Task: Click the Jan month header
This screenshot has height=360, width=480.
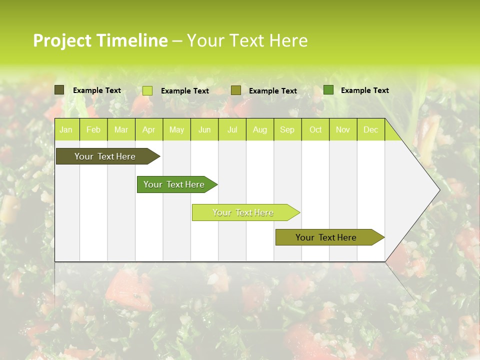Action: click(x=66, y=130)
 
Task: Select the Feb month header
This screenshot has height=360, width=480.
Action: click(x=93, y=130)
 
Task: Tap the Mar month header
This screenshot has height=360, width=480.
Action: click(x=121, y=130)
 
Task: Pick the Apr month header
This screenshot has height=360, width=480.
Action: click(x=148, y=130)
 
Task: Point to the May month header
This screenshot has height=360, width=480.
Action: click(x=176, y=130)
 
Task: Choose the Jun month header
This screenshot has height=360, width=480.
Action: click(x=204, y=130)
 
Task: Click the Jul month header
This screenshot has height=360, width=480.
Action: click(x=232, y=130)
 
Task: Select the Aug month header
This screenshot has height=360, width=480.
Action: click(x=260, y=130)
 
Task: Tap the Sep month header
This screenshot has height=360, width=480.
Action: click(x=287, y=130)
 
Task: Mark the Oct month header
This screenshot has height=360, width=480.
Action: click(x=315, y=130)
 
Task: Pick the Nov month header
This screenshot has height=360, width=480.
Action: click(x=343, y=130)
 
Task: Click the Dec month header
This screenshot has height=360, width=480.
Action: click(x=371, y=130)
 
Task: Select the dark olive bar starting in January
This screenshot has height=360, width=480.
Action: click(x=105, y=156)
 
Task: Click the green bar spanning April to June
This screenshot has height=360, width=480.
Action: click(x=174, y=184)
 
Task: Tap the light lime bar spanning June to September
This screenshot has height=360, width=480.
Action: click(x=243, y=212)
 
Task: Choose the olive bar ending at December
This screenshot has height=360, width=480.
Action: click(x=326, y=237)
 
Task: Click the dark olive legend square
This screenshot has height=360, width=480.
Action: click(x=59, y=90)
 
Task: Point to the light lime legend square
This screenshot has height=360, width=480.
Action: click(x=147, y=90)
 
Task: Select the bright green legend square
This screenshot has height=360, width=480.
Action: click(x=328, y=90)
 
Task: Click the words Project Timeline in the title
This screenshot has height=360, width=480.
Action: click(x=100, y=40)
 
